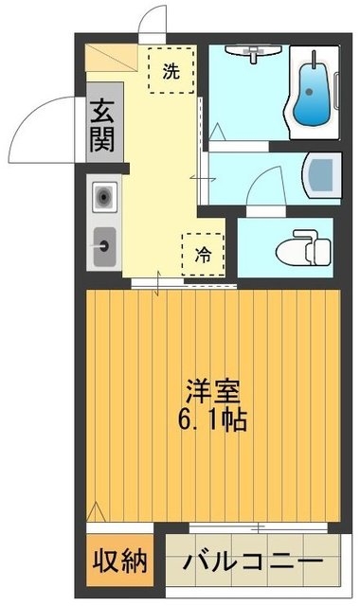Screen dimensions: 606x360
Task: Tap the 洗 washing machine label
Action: pos(171,70)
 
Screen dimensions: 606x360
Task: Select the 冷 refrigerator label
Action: pos(204,254)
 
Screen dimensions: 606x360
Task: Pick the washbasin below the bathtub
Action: pos(322,174)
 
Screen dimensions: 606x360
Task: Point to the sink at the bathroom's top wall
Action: pos(251,53)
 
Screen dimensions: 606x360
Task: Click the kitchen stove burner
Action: pos(103,198)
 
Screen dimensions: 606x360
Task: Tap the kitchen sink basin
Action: pos(103,248)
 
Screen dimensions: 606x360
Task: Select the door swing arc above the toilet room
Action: pos(265,182)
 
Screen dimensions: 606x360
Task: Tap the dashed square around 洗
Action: pos(171,70)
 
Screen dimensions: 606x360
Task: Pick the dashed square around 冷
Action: pos(204,254)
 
